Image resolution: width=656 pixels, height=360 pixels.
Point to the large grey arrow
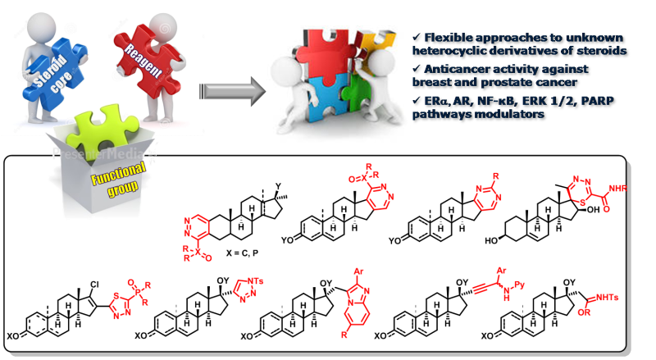[x=221, y=83]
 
